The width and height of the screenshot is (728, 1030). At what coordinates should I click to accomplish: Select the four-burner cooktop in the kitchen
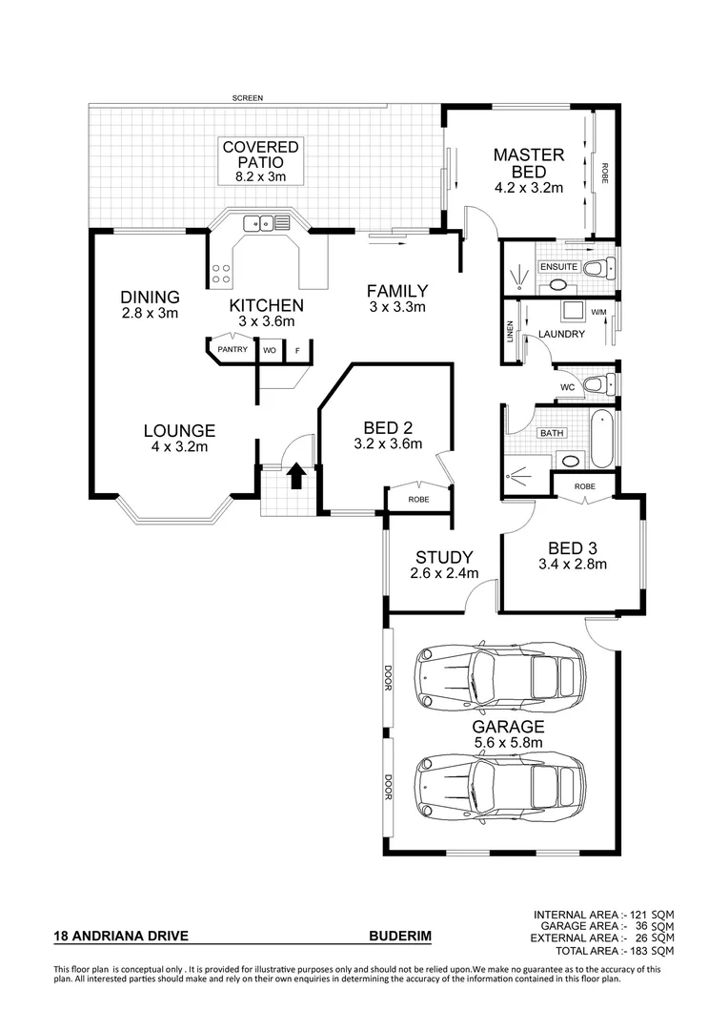pos(221,275)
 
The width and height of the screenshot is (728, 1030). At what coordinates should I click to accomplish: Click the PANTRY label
pos(233,350)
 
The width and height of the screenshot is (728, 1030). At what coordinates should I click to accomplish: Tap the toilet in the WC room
pos(597,384)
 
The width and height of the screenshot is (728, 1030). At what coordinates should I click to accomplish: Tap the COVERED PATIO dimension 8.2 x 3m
pos(260,176)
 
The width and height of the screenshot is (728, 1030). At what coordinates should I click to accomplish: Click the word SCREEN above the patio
pos(246,98)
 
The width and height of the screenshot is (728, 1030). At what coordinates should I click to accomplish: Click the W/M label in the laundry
pos(598,312)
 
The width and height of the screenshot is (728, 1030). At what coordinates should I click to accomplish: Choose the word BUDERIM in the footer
pos(399,937)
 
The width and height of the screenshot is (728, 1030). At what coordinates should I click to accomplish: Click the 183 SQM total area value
pos(656,951)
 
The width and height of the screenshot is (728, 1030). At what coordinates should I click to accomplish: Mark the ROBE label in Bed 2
pos(418,499)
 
